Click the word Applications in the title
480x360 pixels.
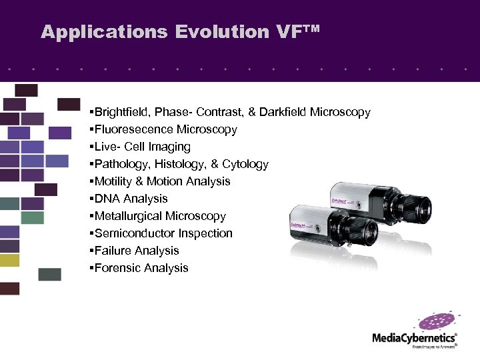point(104,32)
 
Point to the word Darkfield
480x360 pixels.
point(283,112)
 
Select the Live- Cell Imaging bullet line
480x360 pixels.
point(142,147)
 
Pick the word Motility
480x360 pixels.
point(115,181)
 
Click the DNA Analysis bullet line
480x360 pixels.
point(131,199)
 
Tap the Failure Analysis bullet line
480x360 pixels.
point(137,251)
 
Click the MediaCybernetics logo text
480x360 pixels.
point(413,338)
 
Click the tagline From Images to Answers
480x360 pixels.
point(434,347)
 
